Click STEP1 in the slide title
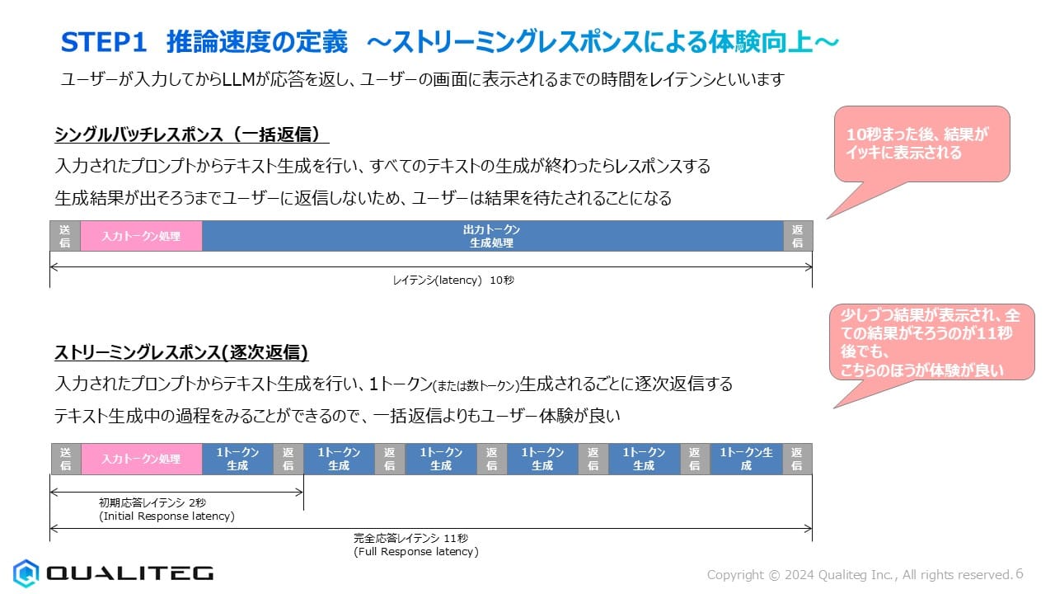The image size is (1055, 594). tap(104, 42)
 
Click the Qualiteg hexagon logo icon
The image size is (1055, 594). tap(26, 573)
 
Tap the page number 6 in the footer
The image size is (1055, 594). tap(1020, 573)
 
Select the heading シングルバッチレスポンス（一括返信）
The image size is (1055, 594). tap(192, 134)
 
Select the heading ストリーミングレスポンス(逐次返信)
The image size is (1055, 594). tap(181, 352)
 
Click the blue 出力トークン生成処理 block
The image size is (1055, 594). tap(493, 236)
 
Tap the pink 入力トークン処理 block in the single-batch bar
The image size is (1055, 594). tap(141, 236)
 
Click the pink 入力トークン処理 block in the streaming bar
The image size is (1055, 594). tap(142, 459)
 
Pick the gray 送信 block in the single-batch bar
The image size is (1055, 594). tap(65, 236)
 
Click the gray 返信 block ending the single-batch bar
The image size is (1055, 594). tap(798, 236)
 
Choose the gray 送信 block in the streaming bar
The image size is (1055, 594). tap(66, 459)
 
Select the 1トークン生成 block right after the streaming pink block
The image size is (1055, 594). tap(238, 459)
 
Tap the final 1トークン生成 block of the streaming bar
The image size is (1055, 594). tap(746, 459)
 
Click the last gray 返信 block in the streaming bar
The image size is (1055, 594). tap(797, 459)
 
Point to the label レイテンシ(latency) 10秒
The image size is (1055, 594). tap(453, 280)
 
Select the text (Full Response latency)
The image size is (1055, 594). tap(416, 552)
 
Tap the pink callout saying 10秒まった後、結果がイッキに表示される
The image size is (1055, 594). tap(921, 144)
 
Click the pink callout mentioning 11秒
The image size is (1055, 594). tap(931, 342)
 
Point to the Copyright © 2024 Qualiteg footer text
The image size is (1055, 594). tap(860, 575)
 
